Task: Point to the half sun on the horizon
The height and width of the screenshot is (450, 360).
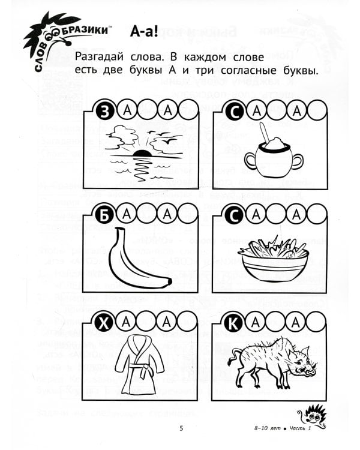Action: (142, 154)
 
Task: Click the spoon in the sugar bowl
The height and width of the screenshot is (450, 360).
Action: (264, 133)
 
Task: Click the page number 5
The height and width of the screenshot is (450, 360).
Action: (181, 428)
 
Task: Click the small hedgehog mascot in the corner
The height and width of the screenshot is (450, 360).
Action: (313, 415)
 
